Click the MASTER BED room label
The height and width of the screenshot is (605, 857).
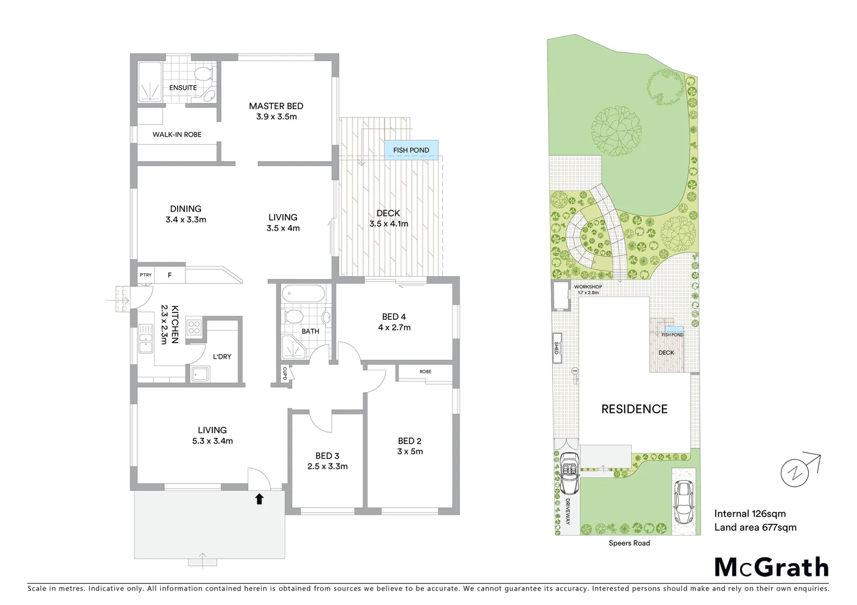(276, 106)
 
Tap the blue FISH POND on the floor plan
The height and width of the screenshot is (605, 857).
(411, 150)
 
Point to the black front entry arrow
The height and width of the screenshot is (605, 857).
(260, 499)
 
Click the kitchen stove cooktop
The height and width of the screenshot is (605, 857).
(194, 327)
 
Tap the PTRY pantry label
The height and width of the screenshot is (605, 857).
(146, 275)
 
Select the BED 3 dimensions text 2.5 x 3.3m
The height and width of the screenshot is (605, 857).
(327, 466)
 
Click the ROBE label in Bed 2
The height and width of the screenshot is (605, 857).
(425, 371)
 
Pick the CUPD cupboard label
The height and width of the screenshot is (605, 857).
(284, 374)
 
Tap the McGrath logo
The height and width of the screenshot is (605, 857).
(771, 567)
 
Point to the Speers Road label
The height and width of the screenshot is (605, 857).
(629, 543)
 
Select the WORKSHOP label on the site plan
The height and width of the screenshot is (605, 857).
(587, 287)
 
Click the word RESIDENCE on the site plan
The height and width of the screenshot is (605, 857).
(634, 409)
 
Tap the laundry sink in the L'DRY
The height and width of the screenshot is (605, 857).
(200, 374)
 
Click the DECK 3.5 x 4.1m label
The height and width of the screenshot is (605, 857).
(388, 218)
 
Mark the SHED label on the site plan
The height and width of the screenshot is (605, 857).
(557, 348)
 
